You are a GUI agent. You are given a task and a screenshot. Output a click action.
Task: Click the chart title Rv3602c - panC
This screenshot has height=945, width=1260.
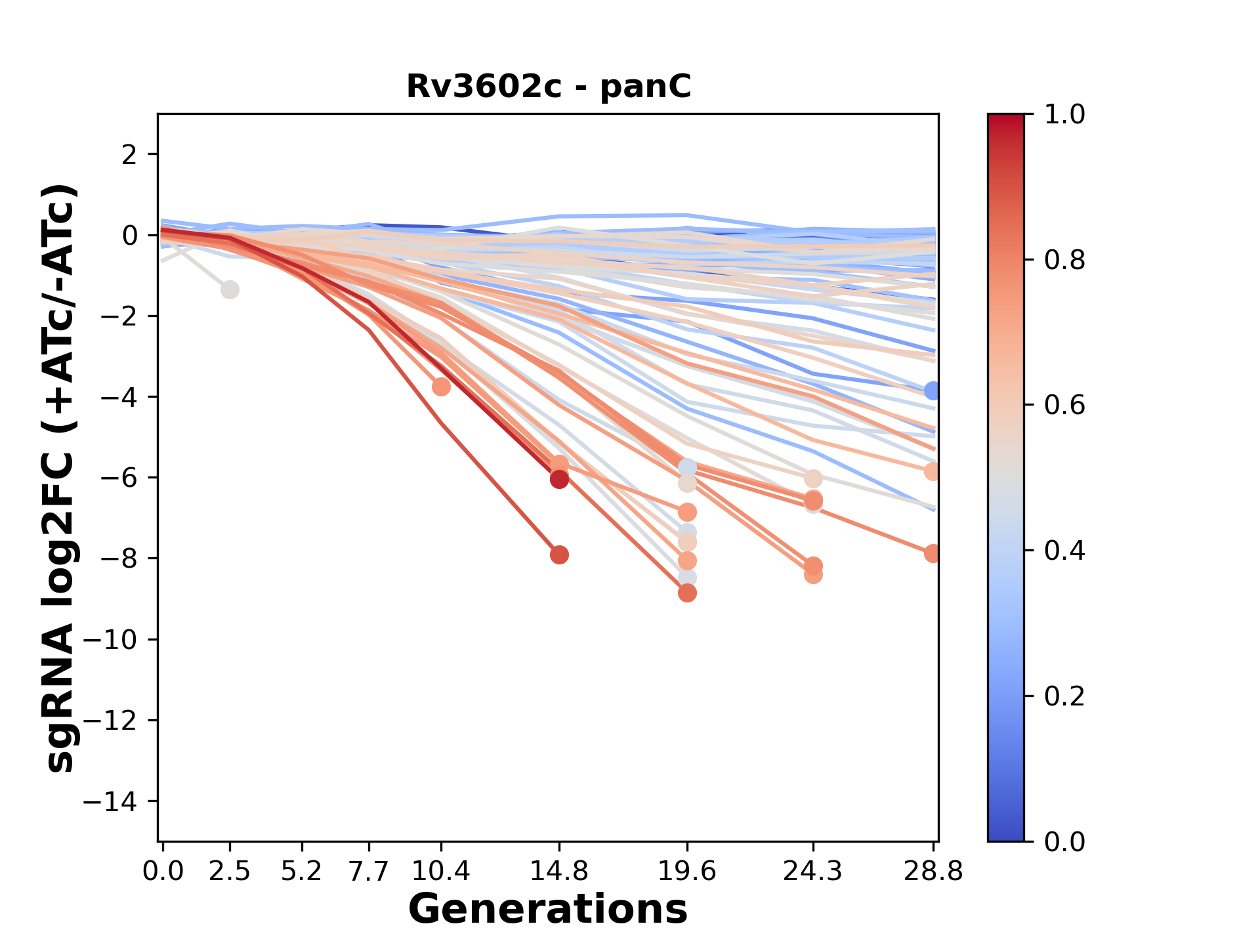coord(549,87)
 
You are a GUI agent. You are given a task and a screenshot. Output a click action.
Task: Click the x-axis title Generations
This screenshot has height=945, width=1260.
coord(548,910)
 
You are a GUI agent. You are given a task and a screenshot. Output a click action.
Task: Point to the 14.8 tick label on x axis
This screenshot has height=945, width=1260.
coord(558,871)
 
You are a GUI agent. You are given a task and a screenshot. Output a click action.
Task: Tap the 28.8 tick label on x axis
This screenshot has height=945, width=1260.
coord(933,871)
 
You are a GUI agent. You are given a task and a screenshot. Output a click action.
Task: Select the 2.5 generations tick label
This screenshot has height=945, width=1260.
coord(230,871)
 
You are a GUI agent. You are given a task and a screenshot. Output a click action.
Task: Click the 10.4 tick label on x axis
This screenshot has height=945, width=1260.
coord(441,871)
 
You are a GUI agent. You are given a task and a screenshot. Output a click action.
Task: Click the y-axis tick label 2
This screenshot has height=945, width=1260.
coord(130,155)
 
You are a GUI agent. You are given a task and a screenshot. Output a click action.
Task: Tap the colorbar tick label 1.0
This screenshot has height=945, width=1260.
coord(1064,115)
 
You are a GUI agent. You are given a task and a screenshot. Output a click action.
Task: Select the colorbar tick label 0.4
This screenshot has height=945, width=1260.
coord(1064,551)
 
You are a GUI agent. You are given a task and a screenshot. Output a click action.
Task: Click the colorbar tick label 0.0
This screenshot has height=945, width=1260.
coord(1064,841)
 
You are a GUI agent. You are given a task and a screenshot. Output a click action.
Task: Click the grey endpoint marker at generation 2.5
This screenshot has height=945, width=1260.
coord(230,289)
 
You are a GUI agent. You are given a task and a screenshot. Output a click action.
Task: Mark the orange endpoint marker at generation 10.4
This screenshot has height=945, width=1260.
coord(441,387)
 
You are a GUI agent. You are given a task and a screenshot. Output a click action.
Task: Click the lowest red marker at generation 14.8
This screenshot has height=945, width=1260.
coord(559,555)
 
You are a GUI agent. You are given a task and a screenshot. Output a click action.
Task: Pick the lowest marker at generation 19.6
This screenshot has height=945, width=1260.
coord(687,593)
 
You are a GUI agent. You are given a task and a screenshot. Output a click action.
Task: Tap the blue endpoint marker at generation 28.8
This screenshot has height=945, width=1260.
coord(933,391)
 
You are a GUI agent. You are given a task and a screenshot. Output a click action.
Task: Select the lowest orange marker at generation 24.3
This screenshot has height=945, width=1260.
coord(813,575)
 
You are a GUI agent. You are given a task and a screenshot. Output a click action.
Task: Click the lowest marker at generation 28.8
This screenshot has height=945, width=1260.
coord(933,554)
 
